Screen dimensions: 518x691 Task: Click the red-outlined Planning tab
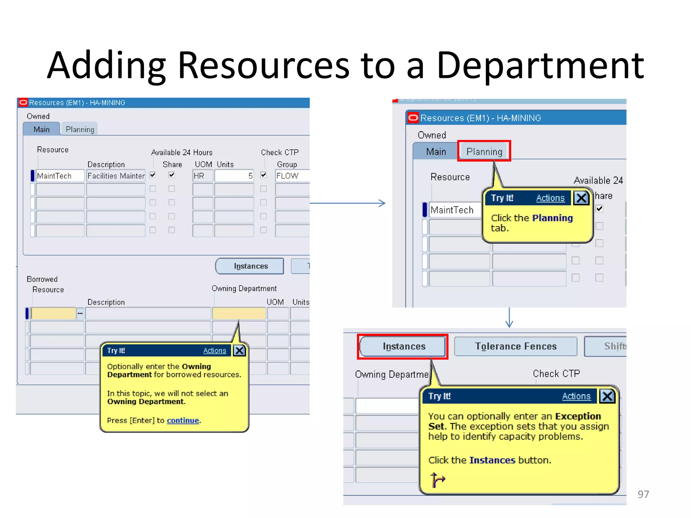click(484, 151)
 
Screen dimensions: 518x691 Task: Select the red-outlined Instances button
click(403, 346)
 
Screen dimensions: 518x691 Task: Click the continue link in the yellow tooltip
click(183, 420)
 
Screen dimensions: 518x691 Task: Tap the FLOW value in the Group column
click(292, 176)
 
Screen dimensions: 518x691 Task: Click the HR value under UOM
click(202, 176)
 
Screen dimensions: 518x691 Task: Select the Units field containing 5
click(234, 176)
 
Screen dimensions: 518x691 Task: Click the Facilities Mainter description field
click(116, 176)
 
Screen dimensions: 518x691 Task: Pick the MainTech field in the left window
click(59, 176)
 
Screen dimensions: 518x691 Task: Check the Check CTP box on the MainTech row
click(264, 175)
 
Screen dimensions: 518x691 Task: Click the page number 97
click(643, 494)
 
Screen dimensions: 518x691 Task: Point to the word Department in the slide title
click(540, 65)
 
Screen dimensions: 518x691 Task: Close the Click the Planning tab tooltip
click(581, 198)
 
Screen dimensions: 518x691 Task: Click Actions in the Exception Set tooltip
click(576, 396)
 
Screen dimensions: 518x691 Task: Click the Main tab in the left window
click(42, 129)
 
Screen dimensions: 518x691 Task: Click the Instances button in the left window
click(250, 266)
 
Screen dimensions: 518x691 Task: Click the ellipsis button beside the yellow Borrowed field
click(80, 313)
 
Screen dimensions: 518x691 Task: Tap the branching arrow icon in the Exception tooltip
click(438, 480)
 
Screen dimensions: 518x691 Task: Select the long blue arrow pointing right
click(348, 203)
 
